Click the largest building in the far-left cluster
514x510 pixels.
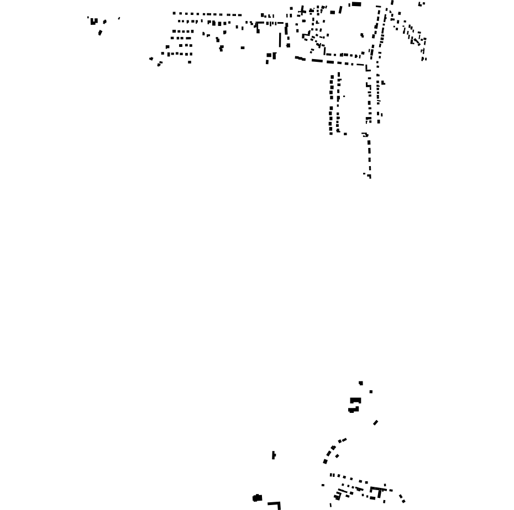coord(94,22)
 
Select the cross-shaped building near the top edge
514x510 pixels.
coord(302,10)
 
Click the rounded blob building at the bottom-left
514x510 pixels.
coord(257,498)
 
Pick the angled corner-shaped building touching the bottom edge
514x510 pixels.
coord(275,504)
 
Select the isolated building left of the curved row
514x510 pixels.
coord(274,455)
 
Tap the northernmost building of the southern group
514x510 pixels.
coord(361,383)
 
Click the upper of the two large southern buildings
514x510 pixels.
coord(355,401)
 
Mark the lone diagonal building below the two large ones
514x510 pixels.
coord(376,423)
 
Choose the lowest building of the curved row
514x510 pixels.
coord(325,461)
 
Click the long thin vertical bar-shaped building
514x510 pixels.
coord(280,40)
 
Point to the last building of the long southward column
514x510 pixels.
coord(369,176)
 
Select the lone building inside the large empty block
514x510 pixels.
coord(362,35)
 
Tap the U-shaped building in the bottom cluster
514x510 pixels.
coord(378,491)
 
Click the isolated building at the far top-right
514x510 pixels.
coord(421,4)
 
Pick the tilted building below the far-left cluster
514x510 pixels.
coord(100,33)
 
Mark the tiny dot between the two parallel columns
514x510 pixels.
coord(344,97)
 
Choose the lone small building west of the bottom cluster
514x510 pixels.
coord(323,486)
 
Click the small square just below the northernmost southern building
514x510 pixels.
coord(371,392)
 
